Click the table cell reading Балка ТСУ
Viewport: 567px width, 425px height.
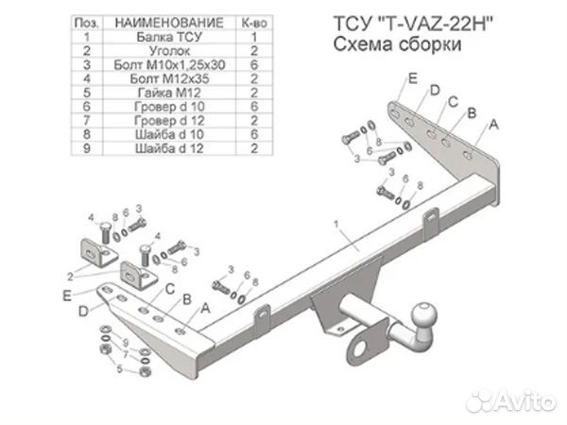click(169, 37)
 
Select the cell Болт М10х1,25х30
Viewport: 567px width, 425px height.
click(169, 64)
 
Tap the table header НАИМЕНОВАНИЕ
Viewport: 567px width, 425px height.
click(169, 23)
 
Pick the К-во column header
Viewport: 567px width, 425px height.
click(254, 23)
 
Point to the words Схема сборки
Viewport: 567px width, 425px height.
click(398, 44)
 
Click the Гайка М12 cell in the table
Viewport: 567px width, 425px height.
click(169, 93)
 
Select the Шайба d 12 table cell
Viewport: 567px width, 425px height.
click(169, 148)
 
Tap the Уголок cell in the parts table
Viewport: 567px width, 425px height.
click(169, 51)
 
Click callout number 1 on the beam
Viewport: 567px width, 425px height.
click(335, 225)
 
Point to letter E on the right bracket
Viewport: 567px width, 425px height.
click(413, 78)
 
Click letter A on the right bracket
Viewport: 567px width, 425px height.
click(493, 125)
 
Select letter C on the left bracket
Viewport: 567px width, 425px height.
click(170, 289)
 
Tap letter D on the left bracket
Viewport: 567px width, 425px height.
click(83, 311)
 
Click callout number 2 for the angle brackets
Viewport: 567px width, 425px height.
click(70, 277)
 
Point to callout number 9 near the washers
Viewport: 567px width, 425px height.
click(126, 343)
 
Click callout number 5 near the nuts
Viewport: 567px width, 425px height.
click(120, 369)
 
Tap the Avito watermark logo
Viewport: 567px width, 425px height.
click(511, 400)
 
